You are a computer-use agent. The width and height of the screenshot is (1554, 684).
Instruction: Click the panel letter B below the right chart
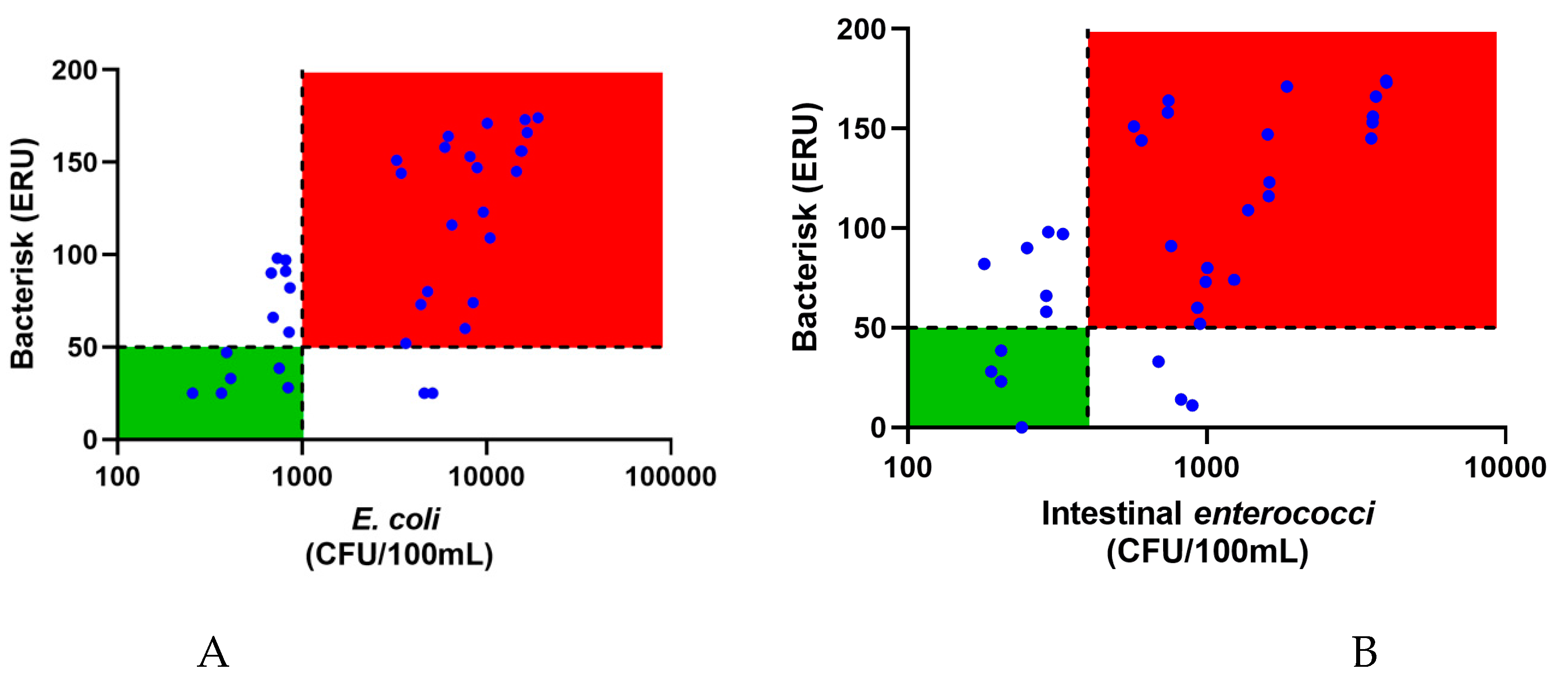pyautogui.click(x=1365, y=653)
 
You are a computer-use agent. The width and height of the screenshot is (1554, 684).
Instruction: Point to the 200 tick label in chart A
pyautogui.click(x=74, y=71)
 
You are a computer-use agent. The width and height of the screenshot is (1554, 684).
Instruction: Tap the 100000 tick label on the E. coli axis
pyautogui.click(x=670, y=477)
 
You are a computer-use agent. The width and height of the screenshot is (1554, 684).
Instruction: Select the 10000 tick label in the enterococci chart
pyautogui.click(x=1505, y=468)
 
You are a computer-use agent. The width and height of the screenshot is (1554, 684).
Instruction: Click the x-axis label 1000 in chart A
pyautogui.click(x=302, y=477)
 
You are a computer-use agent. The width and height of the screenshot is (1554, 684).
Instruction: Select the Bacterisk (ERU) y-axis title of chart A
pyautogui.click(x=23, y=254)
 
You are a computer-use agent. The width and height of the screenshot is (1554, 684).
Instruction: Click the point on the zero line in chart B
pyautogui.click(x=1021, y=427)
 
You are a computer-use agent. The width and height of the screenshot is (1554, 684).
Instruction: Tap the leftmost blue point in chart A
pyautogui.click(x=193, y=393)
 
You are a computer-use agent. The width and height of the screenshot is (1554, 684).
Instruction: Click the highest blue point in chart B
pyautogui.click(x=1386, y=81)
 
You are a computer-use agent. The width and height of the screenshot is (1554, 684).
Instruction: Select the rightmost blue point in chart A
pyautogui.click(x=538, y=118)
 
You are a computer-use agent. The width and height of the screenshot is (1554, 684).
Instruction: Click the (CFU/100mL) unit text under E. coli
pyautogui.click(x=399, y=554)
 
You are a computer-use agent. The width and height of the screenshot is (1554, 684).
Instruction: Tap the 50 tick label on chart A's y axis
pyautogui.click(x=82, y=348)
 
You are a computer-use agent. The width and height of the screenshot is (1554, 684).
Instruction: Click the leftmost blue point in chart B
pyautogui.click(x=984, y=264)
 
